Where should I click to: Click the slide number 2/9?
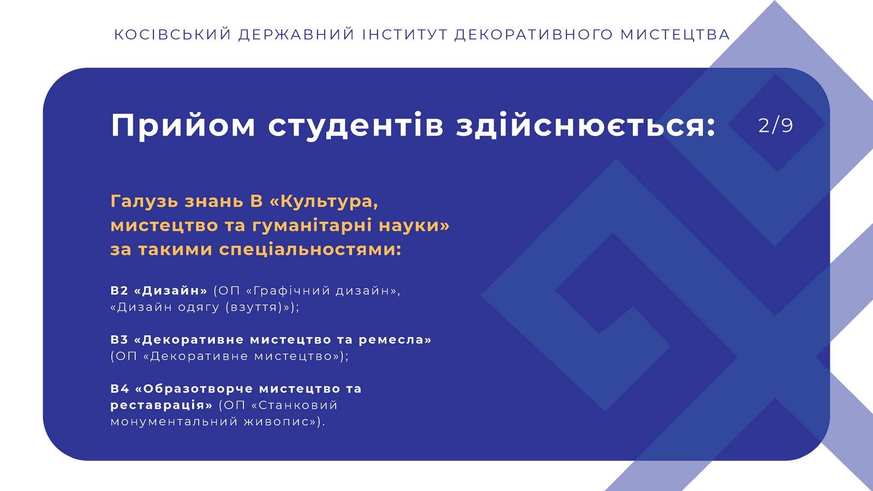(775, 125)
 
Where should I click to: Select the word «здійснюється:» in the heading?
(586, 125)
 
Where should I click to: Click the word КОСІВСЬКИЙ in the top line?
(172, 34)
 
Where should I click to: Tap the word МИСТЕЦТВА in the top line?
(675, 34)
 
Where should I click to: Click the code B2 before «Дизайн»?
(119, 291)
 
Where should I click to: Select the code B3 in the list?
(119, 340)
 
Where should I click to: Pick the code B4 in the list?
(119, 389)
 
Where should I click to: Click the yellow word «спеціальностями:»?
(310, 250)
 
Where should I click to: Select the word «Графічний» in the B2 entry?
(289, 291)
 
